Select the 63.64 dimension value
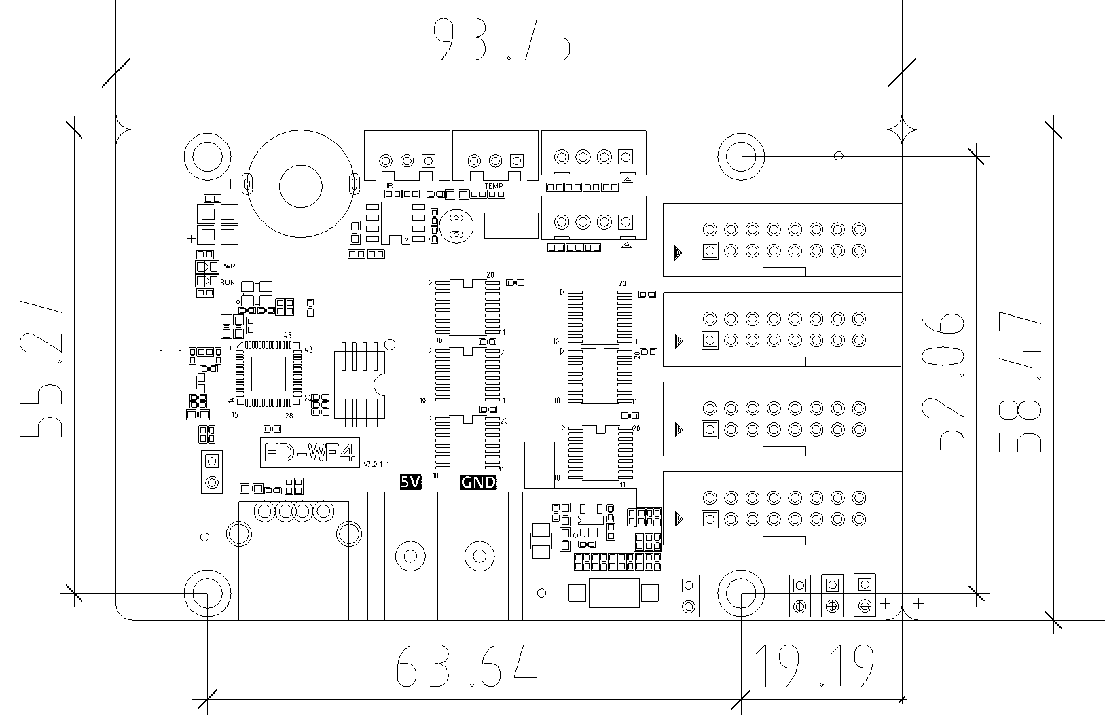point(466,665)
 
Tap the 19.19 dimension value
point(814,666)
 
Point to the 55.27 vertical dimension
point(42,368)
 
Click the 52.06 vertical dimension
point(943,382)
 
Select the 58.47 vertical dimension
point(1020,382)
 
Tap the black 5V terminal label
point(410,482)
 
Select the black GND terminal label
point(479,482)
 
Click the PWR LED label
point(228,266)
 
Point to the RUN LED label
point(228,281)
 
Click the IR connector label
point(390,185)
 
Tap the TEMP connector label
point(493,185)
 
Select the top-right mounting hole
point(741,156)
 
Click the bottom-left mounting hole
point(206,593)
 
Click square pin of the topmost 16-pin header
point(710,251)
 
